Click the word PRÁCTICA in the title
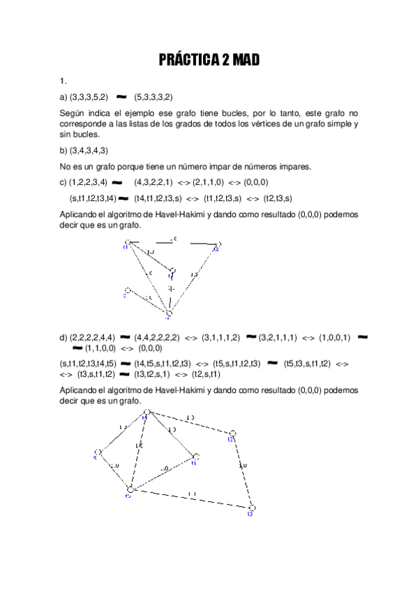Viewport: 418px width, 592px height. pos(188,61)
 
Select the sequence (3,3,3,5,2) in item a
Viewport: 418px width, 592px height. pos(88,98)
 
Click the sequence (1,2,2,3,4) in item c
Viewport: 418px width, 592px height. pos(88,183)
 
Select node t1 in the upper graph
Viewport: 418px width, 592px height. pos(126,244)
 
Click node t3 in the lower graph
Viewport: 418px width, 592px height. pos(253,508)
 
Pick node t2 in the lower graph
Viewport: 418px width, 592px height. pos(232,434)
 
